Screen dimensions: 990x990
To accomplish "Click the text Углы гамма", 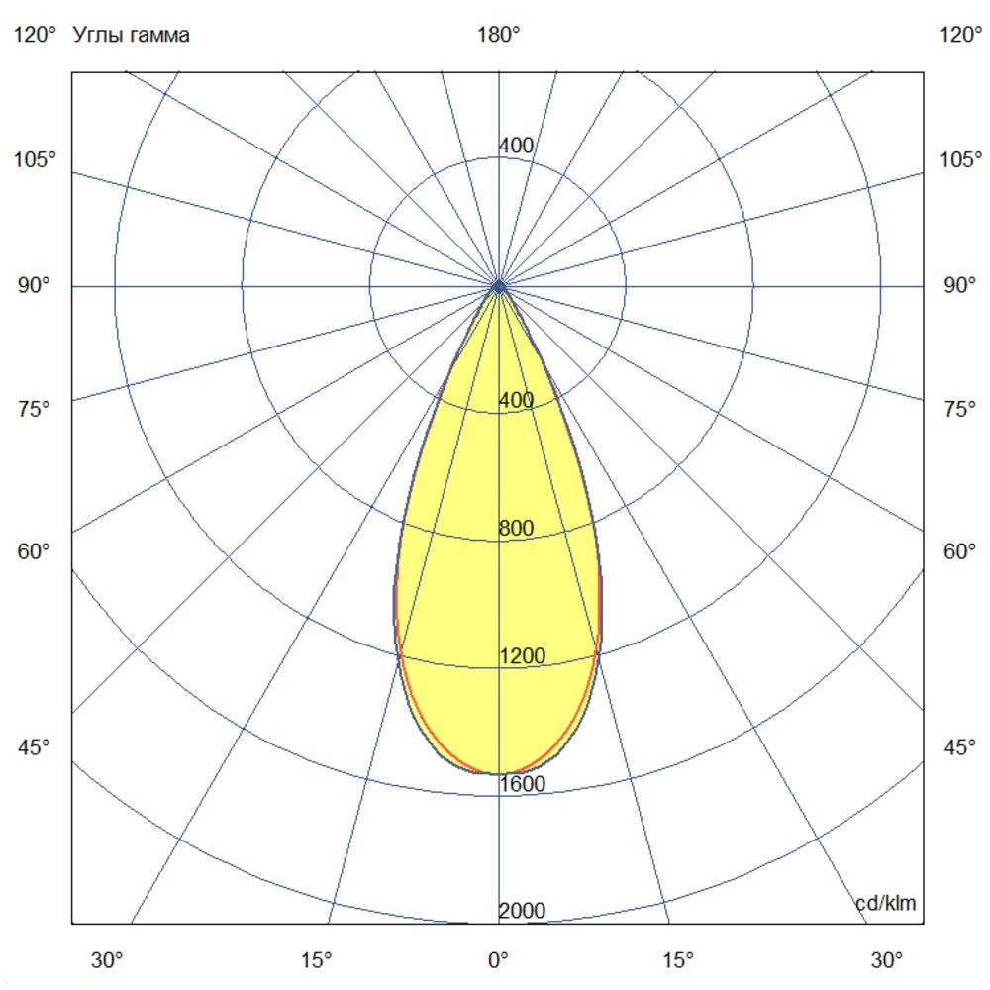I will (x=132, y=36).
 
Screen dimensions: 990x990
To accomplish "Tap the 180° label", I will (x=499, y=36).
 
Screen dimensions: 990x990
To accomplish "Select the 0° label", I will (x=498, y=959).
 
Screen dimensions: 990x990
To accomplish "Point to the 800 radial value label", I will (x=516, y=529).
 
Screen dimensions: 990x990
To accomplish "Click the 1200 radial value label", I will (x=521, y=656).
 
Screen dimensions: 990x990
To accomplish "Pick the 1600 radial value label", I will (x=521, y=784).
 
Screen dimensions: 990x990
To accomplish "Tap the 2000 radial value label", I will (x=521, y=912).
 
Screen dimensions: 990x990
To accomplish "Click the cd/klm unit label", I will (x=885, y=903).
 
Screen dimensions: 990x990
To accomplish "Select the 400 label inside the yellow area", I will (x=516, y=401).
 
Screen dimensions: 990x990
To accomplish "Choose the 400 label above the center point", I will (x=516, y=147).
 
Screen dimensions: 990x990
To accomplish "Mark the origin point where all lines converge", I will (x=499, y=286).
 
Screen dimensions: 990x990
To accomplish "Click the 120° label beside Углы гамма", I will (x=35, y=36).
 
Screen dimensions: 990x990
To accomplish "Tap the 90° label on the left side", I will (x=33, y=286).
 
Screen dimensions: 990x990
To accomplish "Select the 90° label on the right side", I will (x=959, y=286).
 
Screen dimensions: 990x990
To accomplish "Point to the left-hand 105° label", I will (x=35, y=160).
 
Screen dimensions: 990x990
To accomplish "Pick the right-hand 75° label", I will (x=959, y=409).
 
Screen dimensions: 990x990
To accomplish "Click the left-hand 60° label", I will (x=33, y=551).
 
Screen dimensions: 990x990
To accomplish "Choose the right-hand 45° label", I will (x=959, y=747).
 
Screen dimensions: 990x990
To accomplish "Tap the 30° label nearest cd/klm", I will (x=887, y=959).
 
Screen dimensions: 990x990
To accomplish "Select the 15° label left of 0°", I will (x=316, y=959).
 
